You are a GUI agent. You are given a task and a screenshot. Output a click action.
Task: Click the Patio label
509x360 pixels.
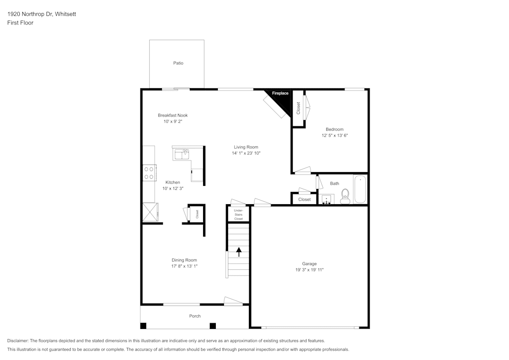click(178, 63)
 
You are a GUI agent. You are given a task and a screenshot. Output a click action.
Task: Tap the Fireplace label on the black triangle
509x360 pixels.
click(280, 94)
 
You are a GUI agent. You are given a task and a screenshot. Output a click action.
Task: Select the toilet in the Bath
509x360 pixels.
click(345, 197)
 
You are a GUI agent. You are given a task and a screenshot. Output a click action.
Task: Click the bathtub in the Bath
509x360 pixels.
click(360, 189)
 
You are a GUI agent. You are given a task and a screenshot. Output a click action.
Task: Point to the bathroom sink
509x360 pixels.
click(326, 199)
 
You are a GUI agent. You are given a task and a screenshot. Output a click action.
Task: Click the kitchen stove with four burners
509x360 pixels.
click(149, 173)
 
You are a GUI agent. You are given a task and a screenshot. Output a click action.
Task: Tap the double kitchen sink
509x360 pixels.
click(181, 154)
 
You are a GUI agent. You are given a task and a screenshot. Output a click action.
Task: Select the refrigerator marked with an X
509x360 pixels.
click(150, 212)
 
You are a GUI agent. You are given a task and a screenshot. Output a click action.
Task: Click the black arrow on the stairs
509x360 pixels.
click(239, 252)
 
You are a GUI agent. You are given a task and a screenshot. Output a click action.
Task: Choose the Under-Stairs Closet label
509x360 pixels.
click(238, 214)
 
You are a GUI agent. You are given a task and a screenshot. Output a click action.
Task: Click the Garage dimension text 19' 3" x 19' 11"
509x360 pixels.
click(309, 270)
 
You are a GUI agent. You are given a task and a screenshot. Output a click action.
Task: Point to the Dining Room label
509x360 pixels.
click(184, 260)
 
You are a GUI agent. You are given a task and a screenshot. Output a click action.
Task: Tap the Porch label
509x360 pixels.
click(195, 316)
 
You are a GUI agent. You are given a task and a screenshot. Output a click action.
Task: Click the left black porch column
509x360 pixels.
click(144, 325)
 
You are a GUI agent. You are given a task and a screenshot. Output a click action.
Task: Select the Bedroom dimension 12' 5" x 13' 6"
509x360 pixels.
click(334, 136)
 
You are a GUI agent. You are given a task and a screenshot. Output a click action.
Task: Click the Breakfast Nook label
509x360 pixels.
click(173, 115)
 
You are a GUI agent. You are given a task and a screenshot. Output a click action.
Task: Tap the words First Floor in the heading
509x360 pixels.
click(20, 23)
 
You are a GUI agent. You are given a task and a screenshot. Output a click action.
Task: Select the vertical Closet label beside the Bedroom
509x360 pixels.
click(298, 108)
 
